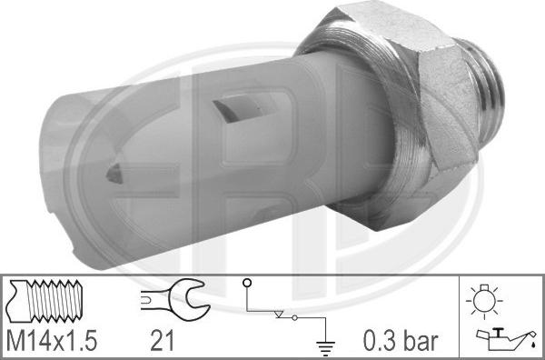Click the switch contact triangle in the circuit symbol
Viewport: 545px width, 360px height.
(284, 315)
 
